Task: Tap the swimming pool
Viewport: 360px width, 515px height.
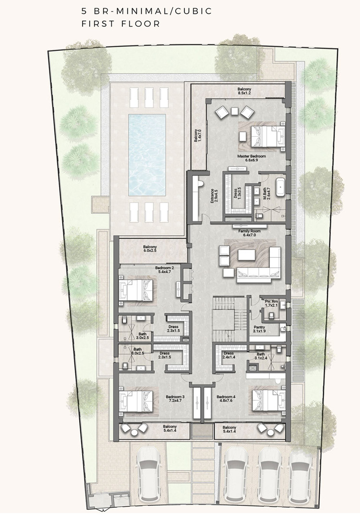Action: (147, 154)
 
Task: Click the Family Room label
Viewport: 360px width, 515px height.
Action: (249, 233)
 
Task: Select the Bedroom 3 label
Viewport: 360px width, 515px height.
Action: (175, 400)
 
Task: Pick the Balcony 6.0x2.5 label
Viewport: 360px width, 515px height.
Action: (150, 249)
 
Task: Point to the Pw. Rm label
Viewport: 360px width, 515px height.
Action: (272, 303)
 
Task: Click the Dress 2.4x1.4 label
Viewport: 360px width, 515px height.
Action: (228, 356)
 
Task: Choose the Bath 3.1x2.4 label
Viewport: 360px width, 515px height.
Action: (262, 356)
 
